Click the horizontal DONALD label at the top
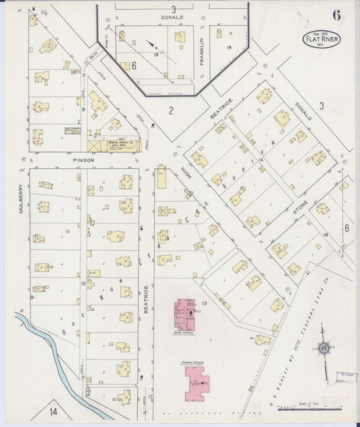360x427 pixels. click(172, 17)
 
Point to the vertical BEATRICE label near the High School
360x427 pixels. click(146, 299)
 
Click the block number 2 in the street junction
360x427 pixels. click(171, 110)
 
